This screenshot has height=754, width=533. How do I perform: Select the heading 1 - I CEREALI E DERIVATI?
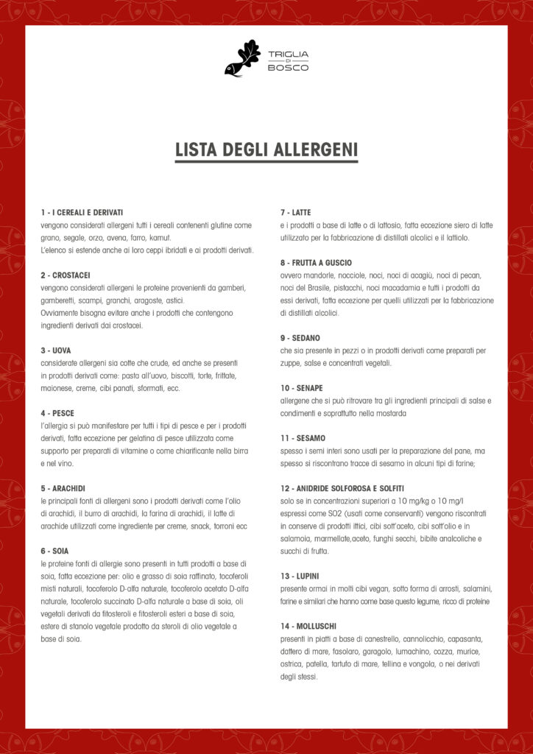82,212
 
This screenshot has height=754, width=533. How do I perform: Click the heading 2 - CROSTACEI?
66,275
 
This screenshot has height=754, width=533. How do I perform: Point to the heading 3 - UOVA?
56,350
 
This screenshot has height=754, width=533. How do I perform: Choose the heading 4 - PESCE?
57,413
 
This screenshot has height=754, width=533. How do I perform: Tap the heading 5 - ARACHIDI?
63,488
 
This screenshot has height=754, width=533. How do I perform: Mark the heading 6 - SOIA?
55,551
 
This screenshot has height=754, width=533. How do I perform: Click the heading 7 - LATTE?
296,212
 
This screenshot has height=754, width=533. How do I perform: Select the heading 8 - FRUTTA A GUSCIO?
316,262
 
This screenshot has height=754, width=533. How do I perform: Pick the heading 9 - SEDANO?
300,338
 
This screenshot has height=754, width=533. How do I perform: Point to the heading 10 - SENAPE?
302,388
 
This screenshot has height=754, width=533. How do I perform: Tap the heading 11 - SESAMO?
303,438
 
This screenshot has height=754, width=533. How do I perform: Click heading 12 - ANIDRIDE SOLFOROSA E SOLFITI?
342,488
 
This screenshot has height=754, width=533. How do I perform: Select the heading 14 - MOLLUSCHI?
308,626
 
